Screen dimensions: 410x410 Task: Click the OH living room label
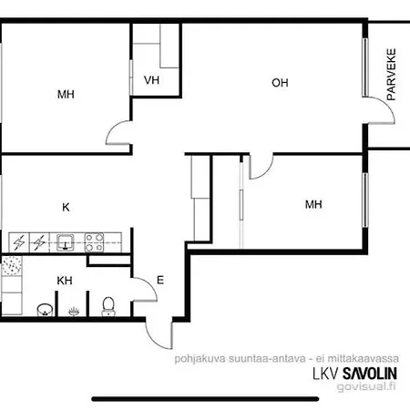click(280, 83)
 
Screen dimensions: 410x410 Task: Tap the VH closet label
click(151, 80)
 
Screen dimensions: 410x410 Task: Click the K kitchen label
click(66, 207)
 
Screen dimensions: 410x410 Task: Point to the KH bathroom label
click(65, 280)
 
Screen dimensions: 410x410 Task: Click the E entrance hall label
click(160, 281)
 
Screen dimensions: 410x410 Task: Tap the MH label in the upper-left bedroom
click(66, 94)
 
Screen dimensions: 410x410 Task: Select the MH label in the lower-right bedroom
click(313, 204)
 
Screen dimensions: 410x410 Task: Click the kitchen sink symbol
click(66, 242)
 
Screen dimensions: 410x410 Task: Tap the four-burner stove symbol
click(93, 242)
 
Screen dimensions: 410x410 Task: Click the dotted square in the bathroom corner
click(12, 266)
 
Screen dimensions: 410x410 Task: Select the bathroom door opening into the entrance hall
click(138, 292)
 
